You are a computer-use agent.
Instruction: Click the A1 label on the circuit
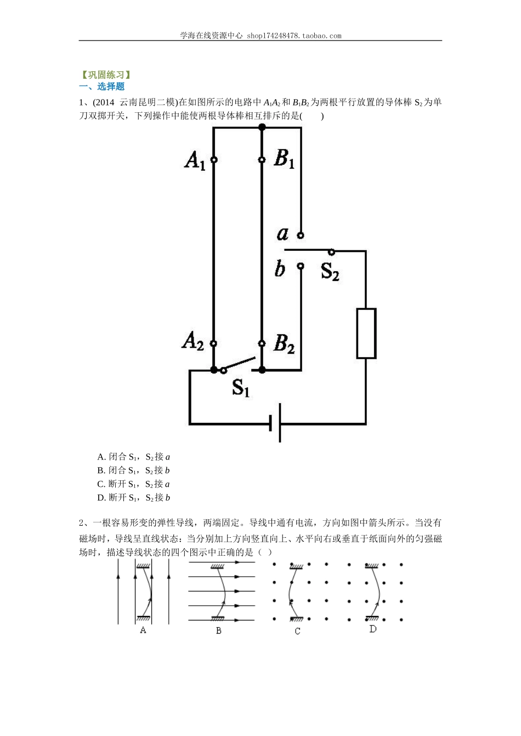(x=195, y=160)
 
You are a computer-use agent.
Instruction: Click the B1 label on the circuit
(x=284, y=159)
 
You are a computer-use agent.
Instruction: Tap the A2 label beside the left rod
(x=193, y=342)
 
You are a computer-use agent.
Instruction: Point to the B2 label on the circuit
(x=284, y=343)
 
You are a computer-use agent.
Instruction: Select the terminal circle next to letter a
(x=301, y=235)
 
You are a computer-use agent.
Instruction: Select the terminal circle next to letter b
(x=301, y=266)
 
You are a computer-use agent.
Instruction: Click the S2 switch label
(x=330, y=271)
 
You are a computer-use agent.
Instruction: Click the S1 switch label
(x=241, y=387)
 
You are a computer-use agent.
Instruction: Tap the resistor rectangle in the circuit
(x=366, y=334)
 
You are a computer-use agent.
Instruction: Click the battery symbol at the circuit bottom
(x=276, y=423)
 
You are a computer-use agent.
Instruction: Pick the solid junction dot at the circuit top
(x=262, y=128)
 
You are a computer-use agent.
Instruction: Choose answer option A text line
(x=134, y=457)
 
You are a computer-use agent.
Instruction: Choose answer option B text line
(x=134, y=470)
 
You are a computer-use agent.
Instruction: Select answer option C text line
(x=134, y=484)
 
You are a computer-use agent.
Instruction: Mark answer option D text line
(x=134, y=498)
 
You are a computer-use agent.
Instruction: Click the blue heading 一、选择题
(x=102, y=87)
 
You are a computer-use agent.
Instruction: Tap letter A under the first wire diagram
(x=143, y=630)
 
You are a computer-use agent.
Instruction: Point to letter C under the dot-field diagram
(x=297, y=631)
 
